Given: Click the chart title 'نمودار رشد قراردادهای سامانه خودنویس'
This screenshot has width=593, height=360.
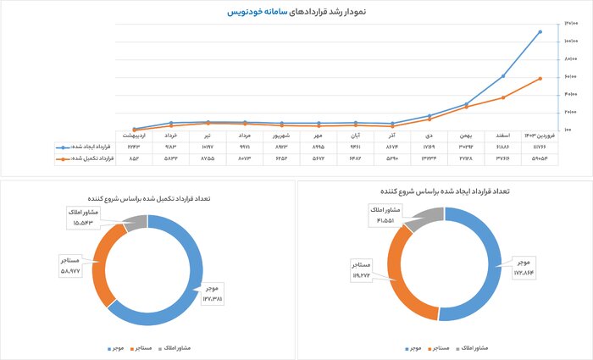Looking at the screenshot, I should [296, 13].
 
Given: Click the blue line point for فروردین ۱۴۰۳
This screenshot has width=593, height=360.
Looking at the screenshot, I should [540, 31].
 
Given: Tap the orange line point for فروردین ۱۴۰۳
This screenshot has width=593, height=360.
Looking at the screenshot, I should [540, 79].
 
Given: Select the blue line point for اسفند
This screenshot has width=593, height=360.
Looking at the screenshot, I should [503, 76].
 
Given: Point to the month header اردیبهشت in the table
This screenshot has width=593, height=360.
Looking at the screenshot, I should [134, 135].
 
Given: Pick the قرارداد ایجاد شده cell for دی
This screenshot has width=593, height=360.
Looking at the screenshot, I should [430, 147].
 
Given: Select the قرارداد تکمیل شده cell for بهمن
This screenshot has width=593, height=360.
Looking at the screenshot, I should [466, 158].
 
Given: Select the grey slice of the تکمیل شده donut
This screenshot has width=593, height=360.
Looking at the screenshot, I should [134, 224].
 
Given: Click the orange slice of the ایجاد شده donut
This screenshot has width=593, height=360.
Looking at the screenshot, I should [405, 284].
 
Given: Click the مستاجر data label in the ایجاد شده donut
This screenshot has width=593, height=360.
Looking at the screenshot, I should [362, 269].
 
